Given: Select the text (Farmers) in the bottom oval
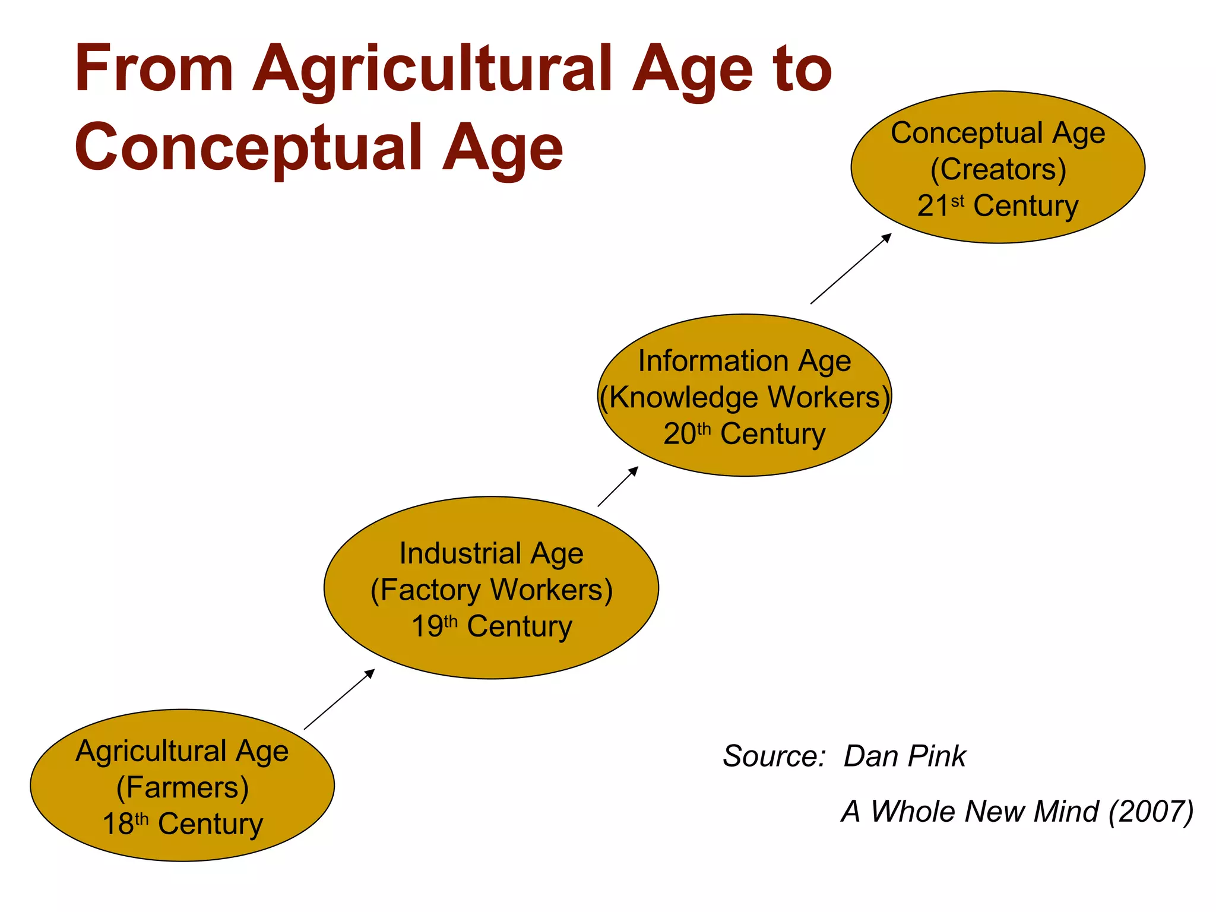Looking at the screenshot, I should click(182, 788).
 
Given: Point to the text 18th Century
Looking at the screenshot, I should click(182, 824).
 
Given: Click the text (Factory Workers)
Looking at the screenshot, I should click(492, 590).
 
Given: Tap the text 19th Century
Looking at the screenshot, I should click(492, 626).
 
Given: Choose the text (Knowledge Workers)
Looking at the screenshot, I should click(745, 397).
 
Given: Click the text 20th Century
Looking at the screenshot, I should click(745, 434).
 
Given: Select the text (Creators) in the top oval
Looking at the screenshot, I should click(998, 170).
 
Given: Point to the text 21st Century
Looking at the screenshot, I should click(998, 206).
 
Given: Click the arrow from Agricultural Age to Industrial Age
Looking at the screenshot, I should click(339, 699).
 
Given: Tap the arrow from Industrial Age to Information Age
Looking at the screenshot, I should click(617, 486).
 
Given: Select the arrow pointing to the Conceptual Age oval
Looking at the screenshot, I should click(851, 268).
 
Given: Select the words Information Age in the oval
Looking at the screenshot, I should click(745, 361).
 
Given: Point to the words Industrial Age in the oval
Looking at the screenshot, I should click(492, 553).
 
